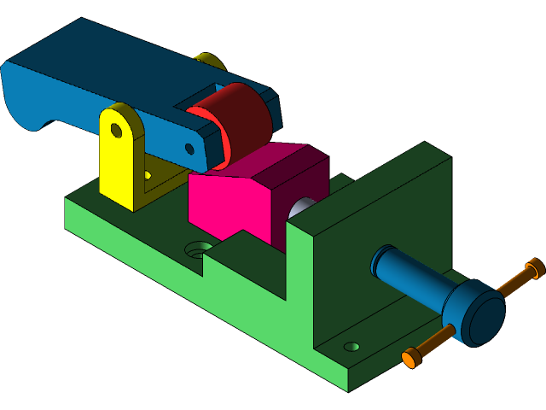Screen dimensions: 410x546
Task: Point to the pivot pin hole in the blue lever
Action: [x=189, y=149]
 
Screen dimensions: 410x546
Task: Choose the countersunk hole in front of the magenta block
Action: [x=199, y=249]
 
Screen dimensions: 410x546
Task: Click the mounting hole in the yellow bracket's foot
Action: [x=148, y=175]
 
